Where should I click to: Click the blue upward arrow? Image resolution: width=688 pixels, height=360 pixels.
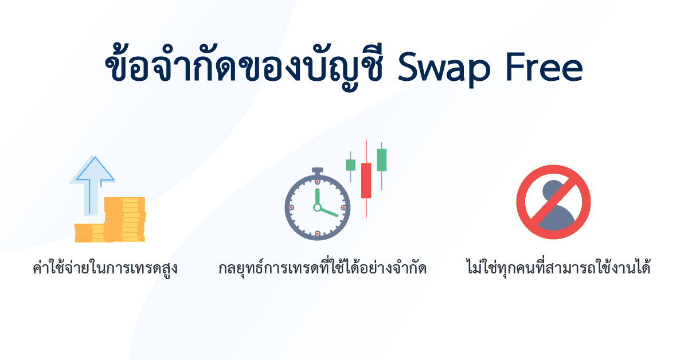[x=91, y=181]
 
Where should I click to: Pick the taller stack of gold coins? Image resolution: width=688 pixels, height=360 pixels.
[x=124, y=218]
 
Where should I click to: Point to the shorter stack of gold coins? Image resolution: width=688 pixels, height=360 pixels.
[x=89, y=232]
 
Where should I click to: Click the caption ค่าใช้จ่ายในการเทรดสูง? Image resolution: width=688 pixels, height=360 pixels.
[x=105, y=268]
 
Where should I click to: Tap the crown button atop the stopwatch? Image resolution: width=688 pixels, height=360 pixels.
[x=317, y=170]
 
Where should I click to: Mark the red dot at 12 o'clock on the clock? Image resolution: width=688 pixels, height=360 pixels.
[x=317, y=182]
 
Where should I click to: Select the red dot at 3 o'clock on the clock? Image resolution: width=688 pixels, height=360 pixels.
[x=343, y=207]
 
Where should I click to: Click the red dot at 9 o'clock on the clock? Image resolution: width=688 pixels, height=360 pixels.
[x=291, y=207]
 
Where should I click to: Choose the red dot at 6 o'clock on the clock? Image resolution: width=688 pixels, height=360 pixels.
[x=317, y=233]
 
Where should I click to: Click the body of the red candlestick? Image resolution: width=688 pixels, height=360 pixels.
[x=366, y=180]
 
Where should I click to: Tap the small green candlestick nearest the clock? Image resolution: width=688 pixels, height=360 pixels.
[x=350, y=165]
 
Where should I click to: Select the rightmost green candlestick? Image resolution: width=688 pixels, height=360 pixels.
[x=381, y=160]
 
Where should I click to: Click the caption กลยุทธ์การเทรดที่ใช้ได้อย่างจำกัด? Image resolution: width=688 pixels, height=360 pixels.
[x=323, y=268]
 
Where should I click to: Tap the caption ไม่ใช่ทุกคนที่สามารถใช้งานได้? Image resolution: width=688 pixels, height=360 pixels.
[x=558, y=268]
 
